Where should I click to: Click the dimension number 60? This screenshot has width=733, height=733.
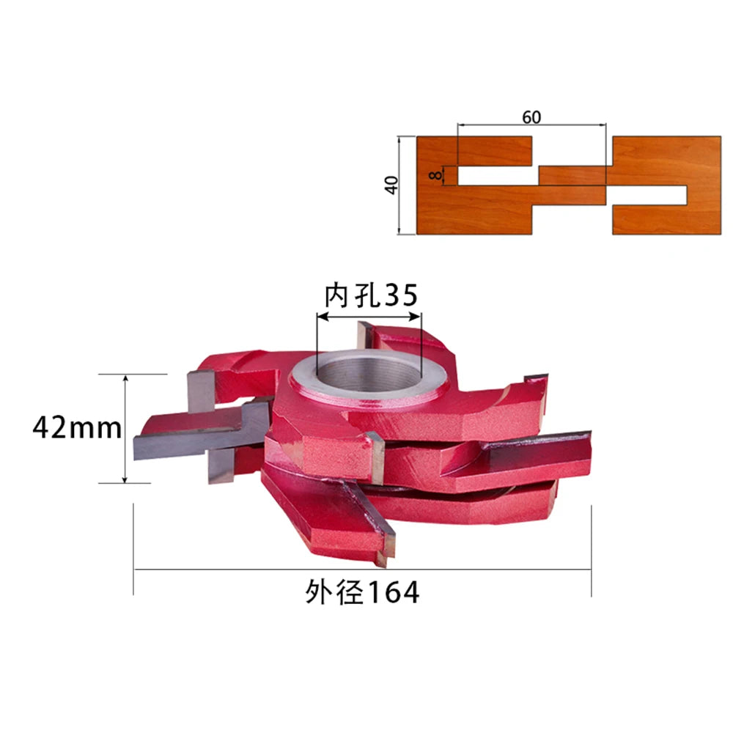pyautogui.click(x=531, y=117)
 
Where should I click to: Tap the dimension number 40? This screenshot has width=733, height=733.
pyautogui.click(x=391, y=185)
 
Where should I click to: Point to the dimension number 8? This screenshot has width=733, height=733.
pyautogui.click(x=435, y=175)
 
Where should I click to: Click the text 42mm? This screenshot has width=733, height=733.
pyautogui.click(x=77, y=428)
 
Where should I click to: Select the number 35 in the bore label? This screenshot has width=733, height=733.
pyautogui.click(x=402, y=295)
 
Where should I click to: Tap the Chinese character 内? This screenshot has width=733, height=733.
pyautogui.click(x=337, y=295)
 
